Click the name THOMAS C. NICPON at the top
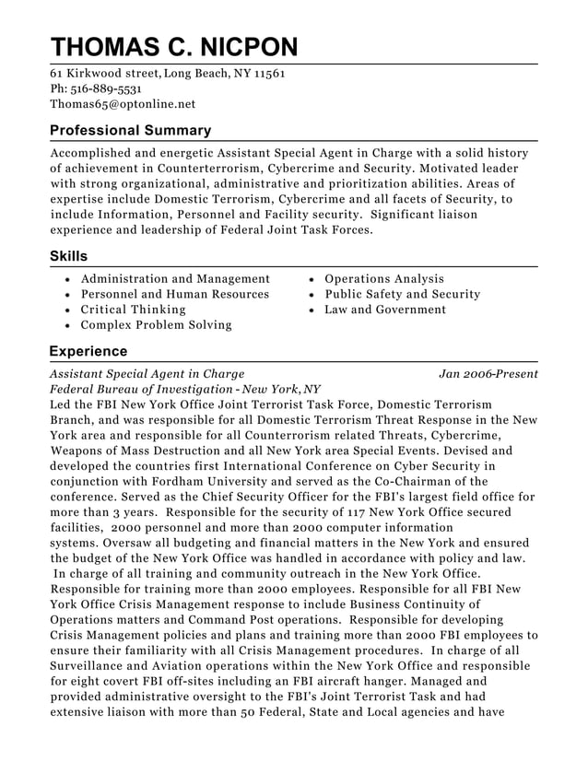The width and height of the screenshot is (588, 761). point(174,47)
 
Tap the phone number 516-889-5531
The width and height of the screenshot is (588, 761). point(106,88)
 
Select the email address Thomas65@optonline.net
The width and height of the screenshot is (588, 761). point(123,104)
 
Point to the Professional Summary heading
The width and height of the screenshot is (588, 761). point(130,131)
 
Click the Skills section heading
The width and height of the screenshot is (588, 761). point(68,256)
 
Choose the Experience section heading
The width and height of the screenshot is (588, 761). point(88,352)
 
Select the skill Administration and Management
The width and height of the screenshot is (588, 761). point(175,279)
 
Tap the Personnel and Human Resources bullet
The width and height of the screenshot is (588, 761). point(175,295)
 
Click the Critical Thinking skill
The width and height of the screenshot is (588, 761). point(133,310)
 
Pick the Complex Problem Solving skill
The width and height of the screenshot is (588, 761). point(156,325)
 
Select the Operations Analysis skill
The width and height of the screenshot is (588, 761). point(383,279)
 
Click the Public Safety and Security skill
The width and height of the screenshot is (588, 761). point(402,295)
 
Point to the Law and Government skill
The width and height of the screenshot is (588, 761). point(384,310)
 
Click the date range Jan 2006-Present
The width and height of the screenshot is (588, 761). point(488,374)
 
